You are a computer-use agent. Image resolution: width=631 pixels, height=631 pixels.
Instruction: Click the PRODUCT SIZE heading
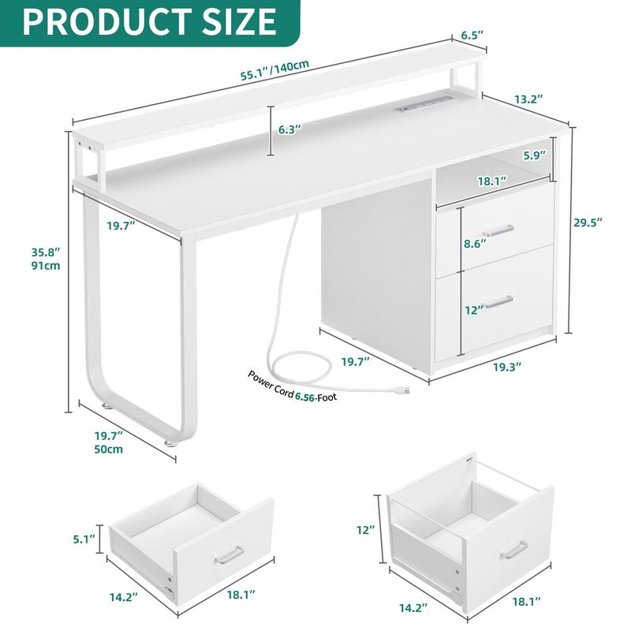(x=149, y=21)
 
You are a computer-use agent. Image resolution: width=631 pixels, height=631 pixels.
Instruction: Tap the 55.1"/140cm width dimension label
(x=274, y=70)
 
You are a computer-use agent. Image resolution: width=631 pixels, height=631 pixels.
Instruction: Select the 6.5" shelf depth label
(x=472, y=35)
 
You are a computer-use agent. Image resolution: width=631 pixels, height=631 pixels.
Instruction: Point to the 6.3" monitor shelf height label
(x=289, y=130)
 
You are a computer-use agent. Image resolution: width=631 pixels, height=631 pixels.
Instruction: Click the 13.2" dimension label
(x=528, y=99)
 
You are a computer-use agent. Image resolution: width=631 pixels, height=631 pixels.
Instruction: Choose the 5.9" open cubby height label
(x=535, y=155)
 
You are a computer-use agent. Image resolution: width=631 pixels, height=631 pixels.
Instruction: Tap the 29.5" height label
(x=588, y=222)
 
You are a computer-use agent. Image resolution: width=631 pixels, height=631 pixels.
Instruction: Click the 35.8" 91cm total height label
(x=46, y=259)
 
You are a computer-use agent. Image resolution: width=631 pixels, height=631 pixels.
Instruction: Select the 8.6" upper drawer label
(x=475, y=244)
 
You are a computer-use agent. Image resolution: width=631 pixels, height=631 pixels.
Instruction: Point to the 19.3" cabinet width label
(x=507, y=367)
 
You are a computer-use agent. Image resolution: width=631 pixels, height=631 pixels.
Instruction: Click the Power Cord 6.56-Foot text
(x=292, y=386)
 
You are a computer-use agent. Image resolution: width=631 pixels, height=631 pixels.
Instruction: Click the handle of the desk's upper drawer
(x=498, y=230)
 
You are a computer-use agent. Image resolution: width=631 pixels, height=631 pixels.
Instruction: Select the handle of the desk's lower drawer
(x=499, y=302)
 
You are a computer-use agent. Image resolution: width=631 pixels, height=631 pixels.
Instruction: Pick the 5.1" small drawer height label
(x=84, y=539)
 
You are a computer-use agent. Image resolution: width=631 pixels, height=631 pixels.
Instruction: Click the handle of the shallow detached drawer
(x=229, y=555)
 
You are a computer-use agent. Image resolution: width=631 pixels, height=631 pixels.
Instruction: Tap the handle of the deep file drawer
(x=514, y=550)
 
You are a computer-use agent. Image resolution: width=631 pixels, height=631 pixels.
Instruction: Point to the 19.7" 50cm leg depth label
(x=109, y=442)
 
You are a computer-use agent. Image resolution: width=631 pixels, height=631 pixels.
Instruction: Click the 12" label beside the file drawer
(x=365, y=529)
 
